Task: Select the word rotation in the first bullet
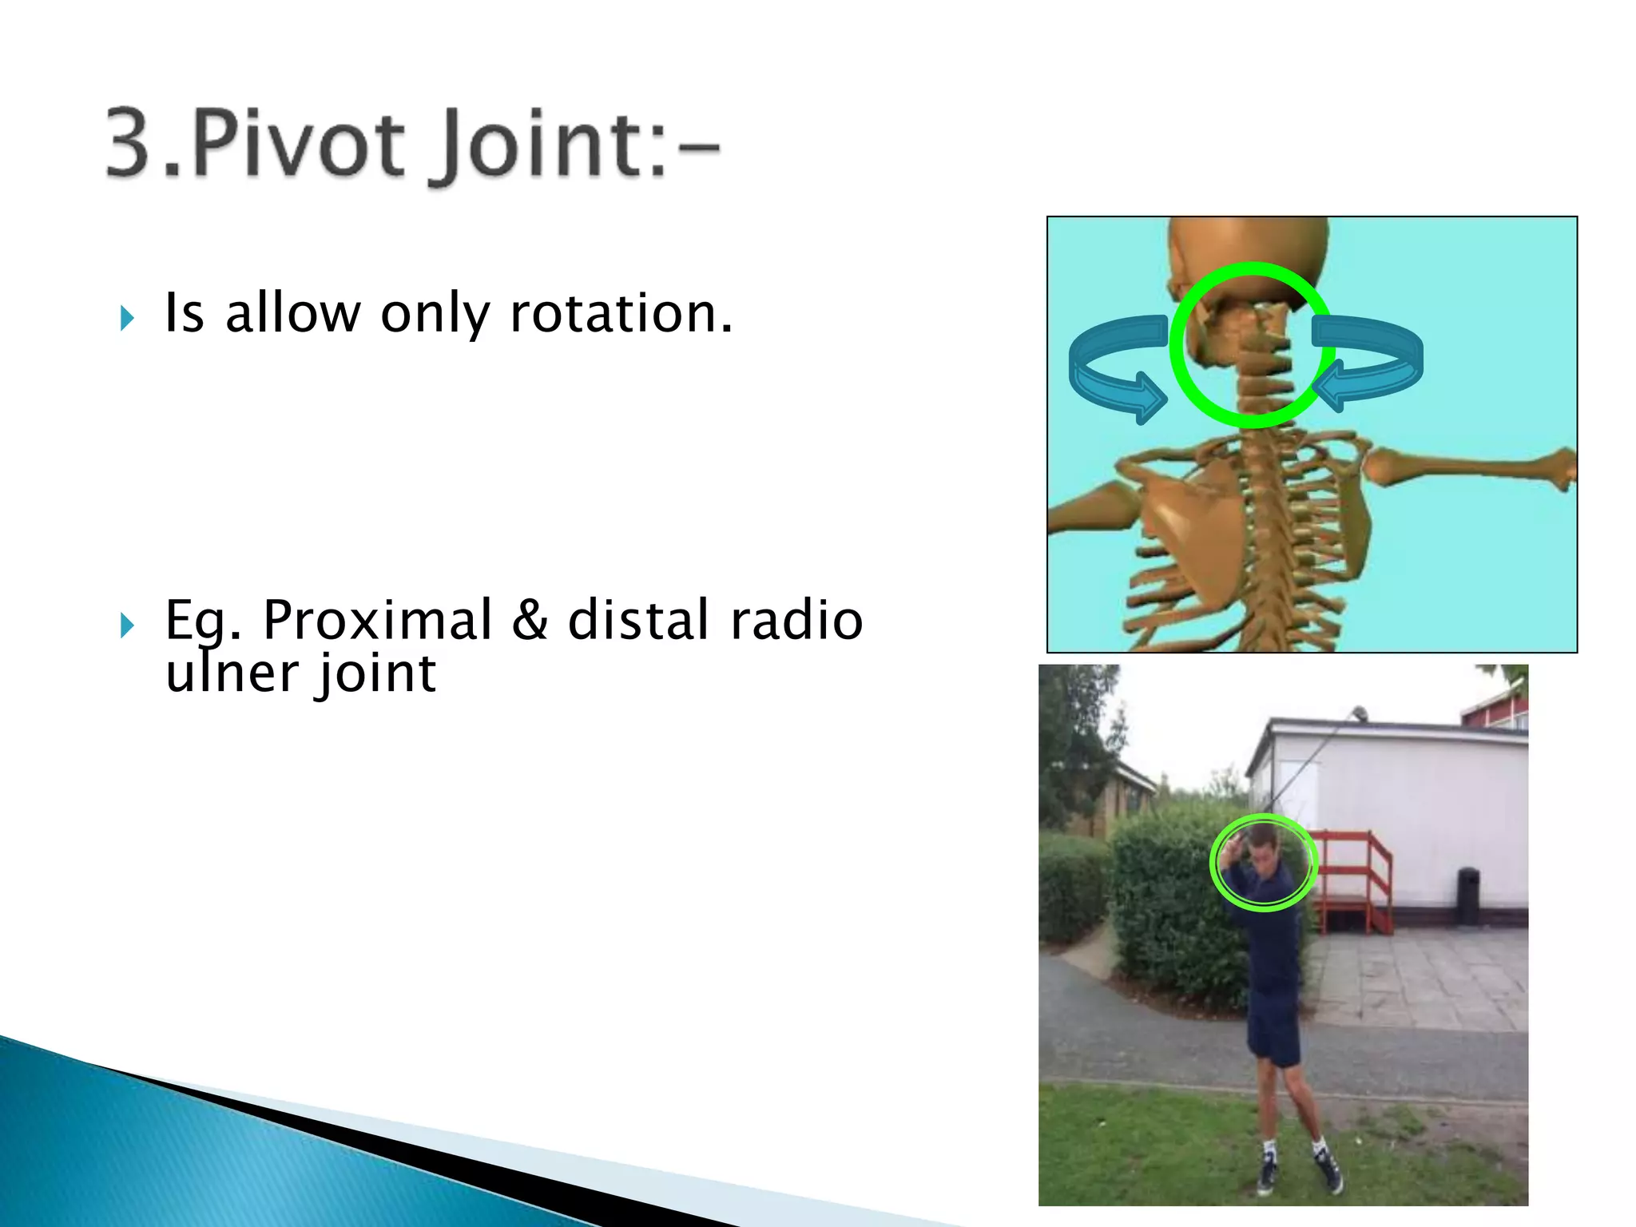(x=621, y=313)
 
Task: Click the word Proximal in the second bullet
(x=377, y=621)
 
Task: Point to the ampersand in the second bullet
(x=530, y=621)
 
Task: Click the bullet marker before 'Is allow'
(x=127, y=318)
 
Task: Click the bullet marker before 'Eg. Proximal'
(x=127, y=625)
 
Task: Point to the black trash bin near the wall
(x=1468, y=895)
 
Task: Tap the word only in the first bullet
(x=435, y=313)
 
